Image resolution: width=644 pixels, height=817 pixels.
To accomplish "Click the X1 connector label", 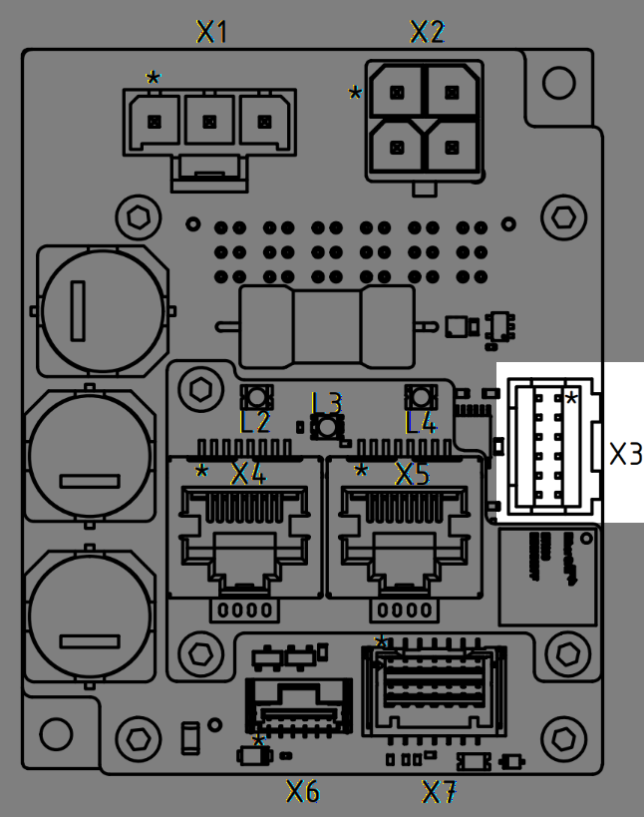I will coord(212,33).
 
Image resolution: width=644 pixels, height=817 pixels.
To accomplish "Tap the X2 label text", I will coord(428,33).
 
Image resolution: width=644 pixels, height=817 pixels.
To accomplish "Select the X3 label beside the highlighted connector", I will coord(625,455).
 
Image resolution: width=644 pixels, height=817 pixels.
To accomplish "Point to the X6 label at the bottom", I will coord(303,792).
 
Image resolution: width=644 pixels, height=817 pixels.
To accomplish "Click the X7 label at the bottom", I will coord(440,793).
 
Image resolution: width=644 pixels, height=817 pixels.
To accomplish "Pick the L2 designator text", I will coord(255,423).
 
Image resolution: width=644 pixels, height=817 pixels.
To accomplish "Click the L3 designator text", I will coord(327,403).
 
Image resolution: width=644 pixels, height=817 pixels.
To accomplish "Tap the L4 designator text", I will coord(422,423).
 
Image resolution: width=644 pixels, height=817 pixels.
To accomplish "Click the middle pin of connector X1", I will coord(209,121).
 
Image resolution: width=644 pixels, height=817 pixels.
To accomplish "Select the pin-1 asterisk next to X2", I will coord(355,94).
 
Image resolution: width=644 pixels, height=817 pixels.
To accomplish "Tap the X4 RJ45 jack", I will coord(244,529).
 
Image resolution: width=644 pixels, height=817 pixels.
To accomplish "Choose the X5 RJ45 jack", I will coord(406,529).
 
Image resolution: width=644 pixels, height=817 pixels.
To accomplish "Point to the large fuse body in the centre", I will coord(327,325).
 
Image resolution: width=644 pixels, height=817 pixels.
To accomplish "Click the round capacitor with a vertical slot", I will coord(99,309).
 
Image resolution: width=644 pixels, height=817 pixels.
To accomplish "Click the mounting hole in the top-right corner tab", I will coord(554,81).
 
